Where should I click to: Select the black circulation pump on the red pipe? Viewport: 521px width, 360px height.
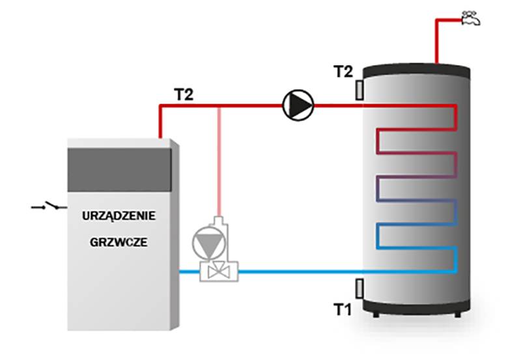click(x=298, y=104)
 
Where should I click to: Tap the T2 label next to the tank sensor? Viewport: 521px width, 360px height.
click(x=343, y=72)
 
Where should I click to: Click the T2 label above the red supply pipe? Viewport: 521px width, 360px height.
click(x=184, y=93)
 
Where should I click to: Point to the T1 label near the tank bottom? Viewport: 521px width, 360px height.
click(x=343, y=309)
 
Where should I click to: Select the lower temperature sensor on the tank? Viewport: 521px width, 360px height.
click(x=359, y=287)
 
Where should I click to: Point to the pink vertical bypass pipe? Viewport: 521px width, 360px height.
click(x=220, y=163)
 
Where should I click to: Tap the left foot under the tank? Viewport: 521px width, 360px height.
click(x=376, y=314)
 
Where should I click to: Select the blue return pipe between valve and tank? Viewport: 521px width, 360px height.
click(x=300, y=271)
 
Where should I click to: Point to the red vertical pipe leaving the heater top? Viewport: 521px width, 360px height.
click(x=160, y=120)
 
